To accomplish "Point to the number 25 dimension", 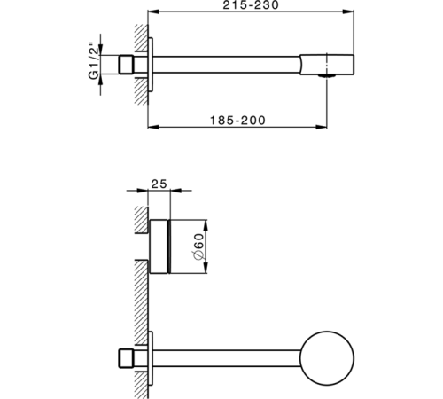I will click(159, 184).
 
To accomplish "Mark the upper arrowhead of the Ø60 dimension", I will click(207, 222).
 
